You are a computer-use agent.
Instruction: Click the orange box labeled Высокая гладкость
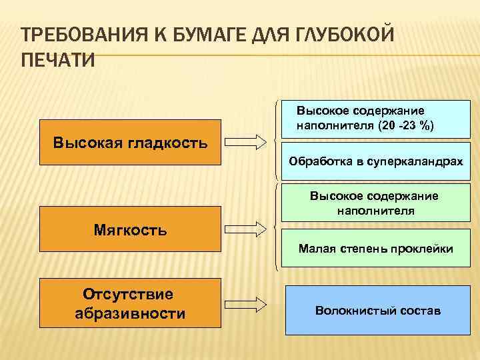[x=130, y=142]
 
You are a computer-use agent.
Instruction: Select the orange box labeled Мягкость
[x=130, y=229]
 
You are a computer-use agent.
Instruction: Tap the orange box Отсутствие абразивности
[x=130, y=304]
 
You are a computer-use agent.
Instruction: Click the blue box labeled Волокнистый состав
[x=377, y=311]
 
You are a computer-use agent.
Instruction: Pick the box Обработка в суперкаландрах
[x=375, y=161]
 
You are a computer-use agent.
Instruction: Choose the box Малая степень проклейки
[x=375, y=249]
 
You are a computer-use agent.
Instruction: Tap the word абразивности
[x=130, y=313]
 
